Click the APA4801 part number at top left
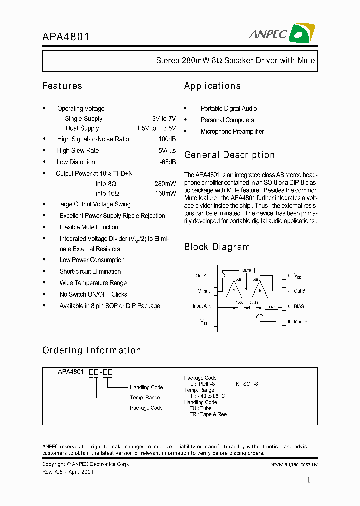coord(66,37)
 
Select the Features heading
coord(62,86)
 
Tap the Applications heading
coord(212,86)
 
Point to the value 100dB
coord(167,139)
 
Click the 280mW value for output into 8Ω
coord(165,184)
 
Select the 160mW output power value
coord(165,193)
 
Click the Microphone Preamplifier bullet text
coord(232,132)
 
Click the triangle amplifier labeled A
coord(234,290)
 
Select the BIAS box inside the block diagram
coord(271,307)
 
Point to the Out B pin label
coord(299,291)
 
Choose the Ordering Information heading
coord(92,350)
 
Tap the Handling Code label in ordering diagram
coord(146,387)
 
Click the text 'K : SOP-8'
coord(247,384)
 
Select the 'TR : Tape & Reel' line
coord(208,414)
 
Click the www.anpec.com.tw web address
coord(294,464)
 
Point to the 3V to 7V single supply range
coord(164,119)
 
